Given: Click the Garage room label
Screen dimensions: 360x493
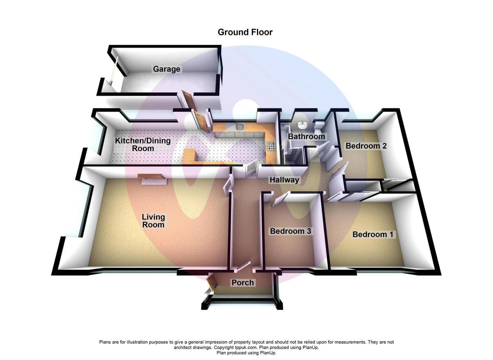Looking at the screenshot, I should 166,69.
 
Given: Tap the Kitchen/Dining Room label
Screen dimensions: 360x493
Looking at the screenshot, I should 143,144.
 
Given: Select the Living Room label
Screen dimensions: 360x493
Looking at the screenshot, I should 153,221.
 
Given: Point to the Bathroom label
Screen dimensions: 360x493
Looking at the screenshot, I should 306,136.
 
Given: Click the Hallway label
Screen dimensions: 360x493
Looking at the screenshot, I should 284,180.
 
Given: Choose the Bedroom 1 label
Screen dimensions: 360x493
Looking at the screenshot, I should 373,234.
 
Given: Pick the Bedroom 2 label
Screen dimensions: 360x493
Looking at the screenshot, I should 366,146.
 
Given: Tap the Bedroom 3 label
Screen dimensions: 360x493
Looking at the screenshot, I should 290,231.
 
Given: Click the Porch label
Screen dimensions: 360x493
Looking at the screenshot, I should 243,283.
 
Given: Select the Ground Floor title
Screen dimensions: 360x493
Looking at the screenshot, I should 245,32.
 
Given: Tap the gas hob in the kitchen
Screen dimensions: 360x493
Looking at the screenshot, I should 271,145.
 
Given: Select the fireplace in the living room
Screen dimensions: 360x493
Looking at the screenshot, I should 152,178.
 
